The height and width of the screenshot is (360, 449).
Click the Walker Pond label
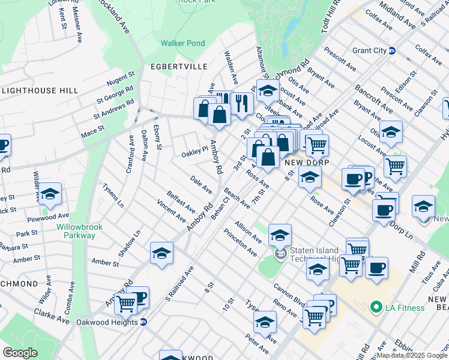[x=182, y=43]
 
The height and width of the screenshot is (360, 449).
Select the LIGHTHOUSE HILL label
[x=40, y=90]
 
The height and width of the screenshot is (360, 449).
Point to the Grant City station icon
[x=392, y=50]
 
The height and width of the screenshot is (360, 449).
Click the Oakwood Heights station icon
[x=143, y=322]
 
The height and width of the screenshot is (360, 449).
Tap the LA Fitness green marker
[x=376, y=308]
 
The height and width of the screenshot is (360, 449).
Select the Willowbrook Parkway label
[x=76, y=231]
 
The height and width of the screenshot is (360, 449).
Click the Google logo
[x=19, y=352]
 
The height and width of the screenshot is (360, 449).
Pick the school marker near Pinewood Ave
[x=50, y=193]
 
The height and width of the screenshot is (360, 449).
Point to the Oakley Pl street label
[x=194, y=155]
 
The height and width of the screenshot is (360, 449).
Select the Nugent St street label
[x=121, y=78]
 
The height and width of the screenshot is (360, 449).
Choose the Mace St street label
[x=92, y=128]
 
